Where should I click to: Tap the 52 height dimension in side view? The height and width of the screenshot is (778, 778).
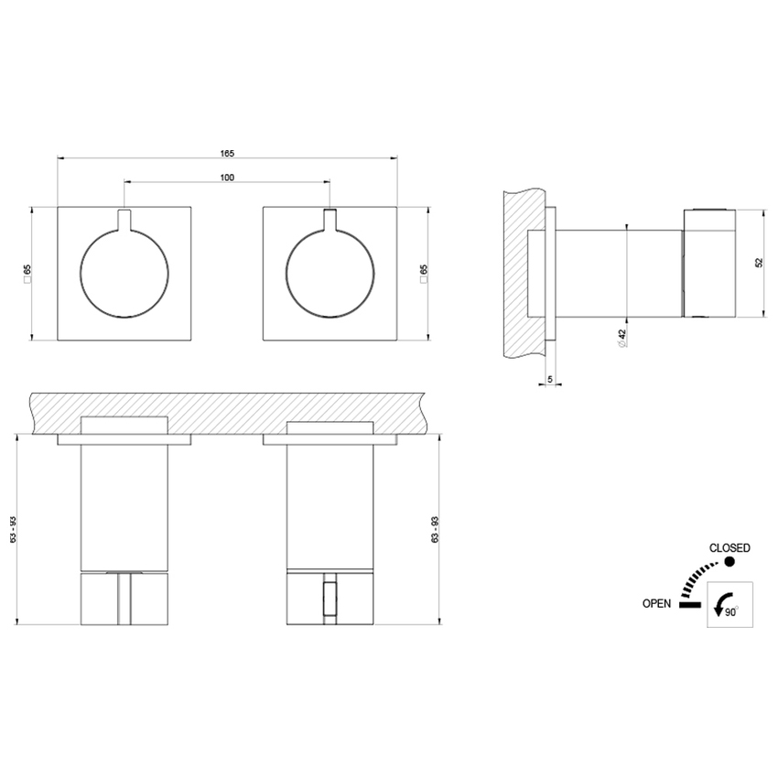pyautogui.click(x=759, y=262)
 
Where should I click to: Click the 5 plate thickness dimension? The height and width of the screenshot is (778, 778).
pyautogui.click(x=549, y=377)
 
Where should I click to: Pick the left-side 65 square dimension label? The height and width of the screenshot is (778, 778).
pyautogui.click(x=27, y=272)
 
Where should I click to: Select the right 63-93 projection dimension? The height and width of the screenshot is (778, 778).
pyautogui.click(x=437, y=530)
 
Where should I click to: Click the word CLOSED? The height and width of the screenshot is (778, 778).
pyautogui.click(x=729, y=548)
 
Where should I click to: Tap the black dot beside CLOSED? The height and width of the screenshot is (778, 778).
pyautogui.click(x=729, y=562)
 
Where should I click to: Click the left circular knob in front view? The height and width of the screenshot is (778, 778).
pyautogui.click(x=124, y=272)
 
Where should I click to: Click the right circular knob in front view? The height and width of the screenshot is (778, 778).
pyautogui.click(x=330, y=272)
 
